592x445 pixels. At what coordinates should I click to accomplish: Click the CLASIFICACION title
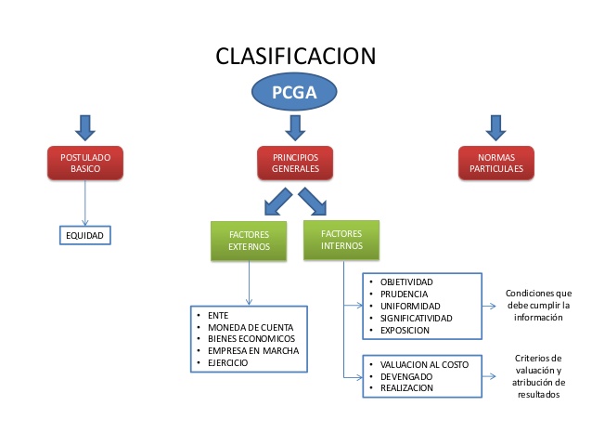(x=295, y=56)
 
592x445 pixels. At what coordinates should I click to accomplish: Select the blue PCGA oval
(x=294, y=92)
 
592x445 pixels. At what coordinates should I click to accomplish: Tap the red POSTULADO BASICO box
(x=84, y=164)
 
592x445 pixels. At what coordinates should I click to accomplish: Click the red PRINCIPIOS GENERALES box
(x=295, y=164)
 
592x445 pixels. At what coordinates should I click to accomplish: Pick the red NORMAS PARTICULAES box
(x=495, y=164)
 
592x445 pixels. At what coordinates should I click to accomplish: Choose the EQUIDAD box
(x=84, y=236)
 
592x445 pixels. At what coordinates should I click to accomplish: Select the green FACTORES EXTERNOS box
(x=249, y=241)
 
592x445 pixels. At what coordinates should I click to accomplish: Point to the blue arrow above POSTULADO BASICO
(x=84, y=125)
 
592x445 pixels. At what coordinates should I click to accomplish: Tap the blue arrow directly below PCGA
(x=295, y=125)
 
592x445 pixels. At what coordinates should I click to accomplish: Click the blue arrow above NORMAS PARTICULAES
(x=495, y=125)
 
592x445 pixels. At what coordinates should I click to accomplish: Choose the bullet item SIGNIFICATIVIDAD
(x=417, y=318)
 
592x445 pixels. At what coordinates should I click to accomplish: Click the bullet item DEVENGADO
(x=406, y=376)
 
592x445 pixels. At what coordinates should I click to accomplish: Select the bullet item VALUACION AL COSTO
(x=424, y=364)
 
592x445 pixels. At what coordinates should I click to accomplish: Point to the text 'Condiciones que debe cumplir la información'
(x=538, y=305)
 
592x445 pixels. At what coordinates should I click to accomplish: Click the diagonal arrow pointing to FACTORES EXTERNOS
(x=277, y=201)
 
